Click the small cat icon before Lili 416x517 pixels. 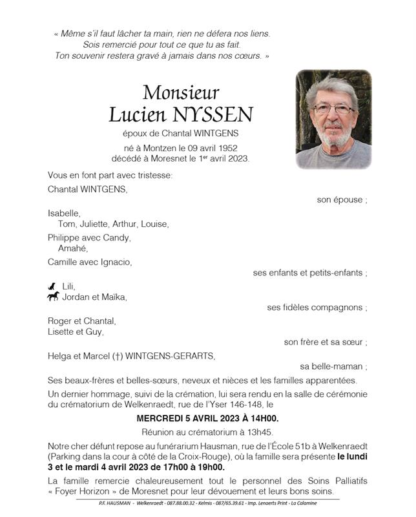tap(52, 286)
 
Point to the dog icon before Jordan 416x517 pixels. tap(53, 297)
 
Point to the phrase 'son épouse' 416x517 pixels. tap(340, 200)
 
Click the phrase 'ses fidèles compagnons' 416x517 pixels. tap(315, 308)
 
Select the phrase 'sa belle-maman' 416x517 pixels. tap(332, 366)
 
